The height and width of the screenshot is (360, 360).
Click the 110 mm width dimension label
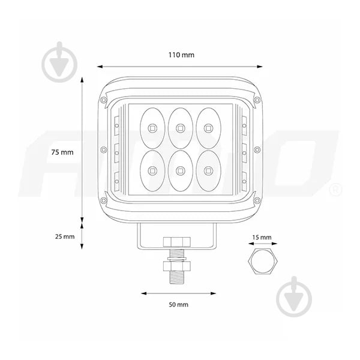(181, 55)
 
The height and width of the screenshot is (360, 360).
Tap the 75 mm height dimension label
(62, 152)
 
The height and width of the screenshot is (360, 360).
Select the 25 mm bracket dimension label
(65, 236)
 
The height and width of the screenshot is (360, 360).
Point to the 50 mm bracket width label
(178, 305)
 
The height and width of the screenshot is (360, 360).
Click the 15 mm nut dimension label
(261, 238)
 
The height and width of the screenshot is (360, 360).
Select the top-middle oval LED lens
(179, 127)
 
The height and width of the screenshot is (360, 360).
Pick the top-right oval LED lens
(208, 127)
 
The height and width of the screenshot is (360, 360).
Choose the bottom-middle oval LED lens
(179, 170)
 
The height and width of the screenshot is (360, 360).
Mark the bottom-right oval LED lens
(208, 170)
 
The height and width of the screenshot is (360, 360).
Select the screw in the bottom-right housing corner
(255, 200)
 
